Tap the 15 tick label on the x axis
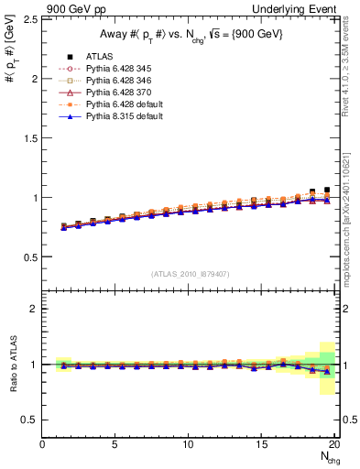261,445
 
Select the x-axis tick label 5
115,445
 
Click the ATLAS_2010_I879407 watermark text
188,274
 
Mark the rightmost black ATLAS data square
327,190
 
